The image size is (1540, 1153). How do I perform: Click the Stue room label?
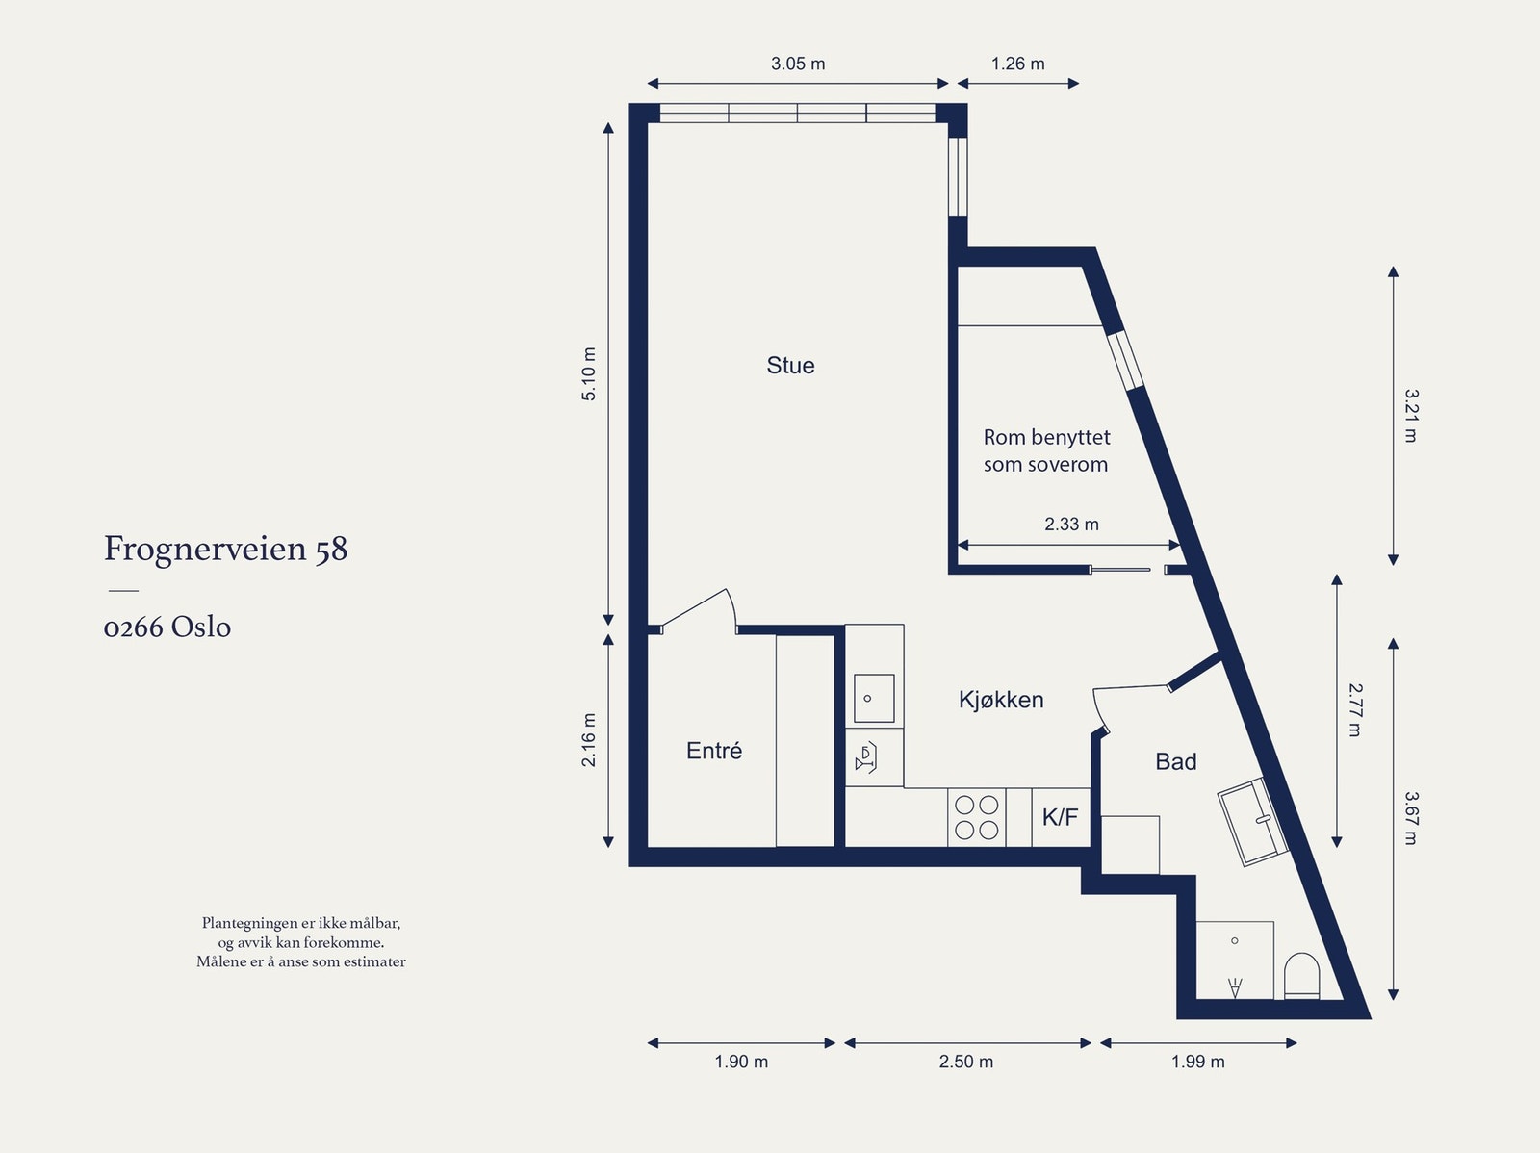point(791,366)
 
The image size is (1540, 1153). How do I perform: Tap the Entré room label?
point(714,751)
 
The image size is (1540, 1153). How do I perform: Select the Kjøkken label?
point(1001,700)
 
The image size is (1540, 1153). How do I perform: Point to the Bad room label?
point(1176,761)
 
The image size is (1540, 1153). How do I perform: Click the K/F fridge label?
point(1060,816)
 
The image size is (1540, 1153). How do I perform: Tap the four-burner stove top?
point(977,816)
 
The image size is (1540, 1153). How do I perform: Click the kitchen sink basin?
point(874,699)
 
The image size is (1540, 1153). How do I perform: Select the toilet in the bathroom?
point(1301,976)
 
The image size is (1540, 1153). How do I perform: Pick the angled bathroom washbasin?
point(1253,821)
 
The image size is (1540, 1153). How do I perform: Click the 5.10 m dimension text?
point(589,373)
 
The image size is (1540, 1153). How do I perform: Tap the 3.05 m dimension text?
point(798,64)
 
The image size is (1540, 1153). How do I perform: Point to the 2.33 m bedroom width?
point(1071,524)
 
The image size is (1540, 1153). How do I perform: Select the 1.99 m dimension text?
point(1197,1062)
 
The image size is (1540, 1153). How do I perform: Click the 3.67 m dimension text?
point(1411,818)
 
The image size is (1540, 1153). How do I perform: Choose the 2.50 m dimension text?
point(966,1062)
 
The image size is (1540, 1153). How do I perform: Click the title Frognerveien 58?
point(226,549)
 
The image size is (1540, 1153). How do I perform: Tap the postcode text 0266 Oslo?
point(167,627)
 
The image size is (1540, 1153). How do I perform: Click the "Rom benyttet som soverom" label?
point(1046,450)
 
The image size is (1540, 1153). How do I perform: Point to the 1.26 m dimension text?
point(1017,64)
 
